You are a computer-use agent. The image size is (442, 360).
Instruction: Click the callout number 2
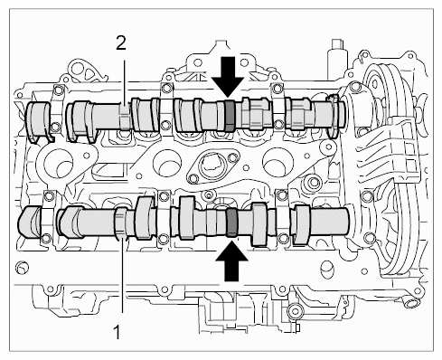[x=121, y=44]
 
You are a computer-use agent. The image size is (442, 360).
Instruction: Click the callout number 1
[x=117, y=332]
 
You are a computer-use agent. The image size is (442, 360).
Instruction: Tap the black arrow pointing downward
[x=228, y=77]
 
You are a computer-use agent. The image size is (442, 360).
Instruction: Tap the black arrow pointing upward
[x=231, y=261]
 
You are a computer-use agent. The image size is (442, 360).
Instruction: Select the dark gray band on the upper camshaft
[x=230, y=116]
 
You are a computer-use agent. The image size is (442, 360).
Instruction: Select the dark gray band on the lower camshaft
[x=232, y=223]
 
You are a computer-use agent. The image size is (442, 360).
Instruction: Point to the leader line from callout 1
[x=122, y=275]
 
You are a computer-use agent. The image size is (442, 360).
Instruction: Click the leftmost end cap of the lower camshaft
[x=29, y=221]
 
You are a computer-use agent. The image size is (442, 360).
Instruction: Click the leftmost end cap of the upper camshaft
[x=39, y=120]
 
